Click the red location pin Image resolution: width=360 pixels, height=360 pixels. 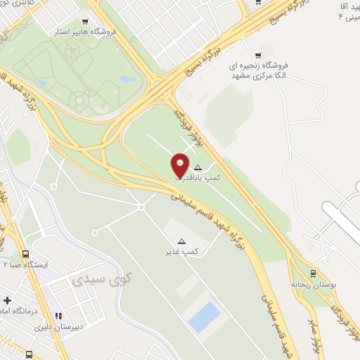pos(180,165)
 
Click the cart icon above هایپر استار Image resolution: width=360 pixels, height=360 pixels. pos(86,22)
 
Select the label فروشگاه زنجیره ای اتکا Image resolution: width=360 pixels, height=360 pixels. pos(259,71)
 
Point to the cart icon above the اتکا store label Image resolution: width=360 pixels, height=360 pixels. pos(259,55)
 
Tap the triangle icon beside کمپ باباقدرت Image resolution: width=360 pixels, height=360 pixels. pos(198,168)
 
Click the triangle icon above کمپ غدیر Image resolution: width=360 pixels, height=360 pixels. pos(182,241)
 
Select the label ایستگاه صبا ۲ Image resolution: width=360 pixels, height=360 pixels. pos(25,264)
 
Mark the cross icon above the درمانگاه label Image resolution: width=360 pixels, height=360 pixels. pos(6,300)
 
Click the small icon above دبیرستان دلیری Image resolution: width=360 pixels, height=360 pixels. pos(59,316)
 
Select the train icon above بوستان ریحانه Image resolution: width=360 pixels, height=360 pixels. pos(312,274)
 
